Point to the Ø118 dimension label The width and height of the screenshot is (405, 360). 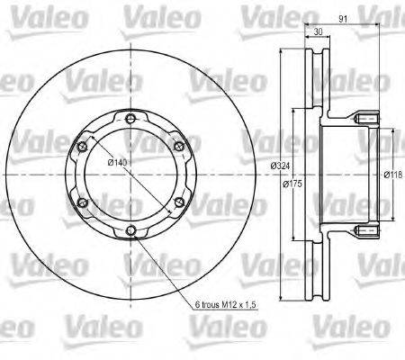pos(393,175)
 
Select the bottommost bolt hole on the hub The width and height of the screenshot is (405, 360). pos(131,232)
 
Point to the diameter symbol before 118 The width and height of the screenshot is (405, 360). pos(385,175)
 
